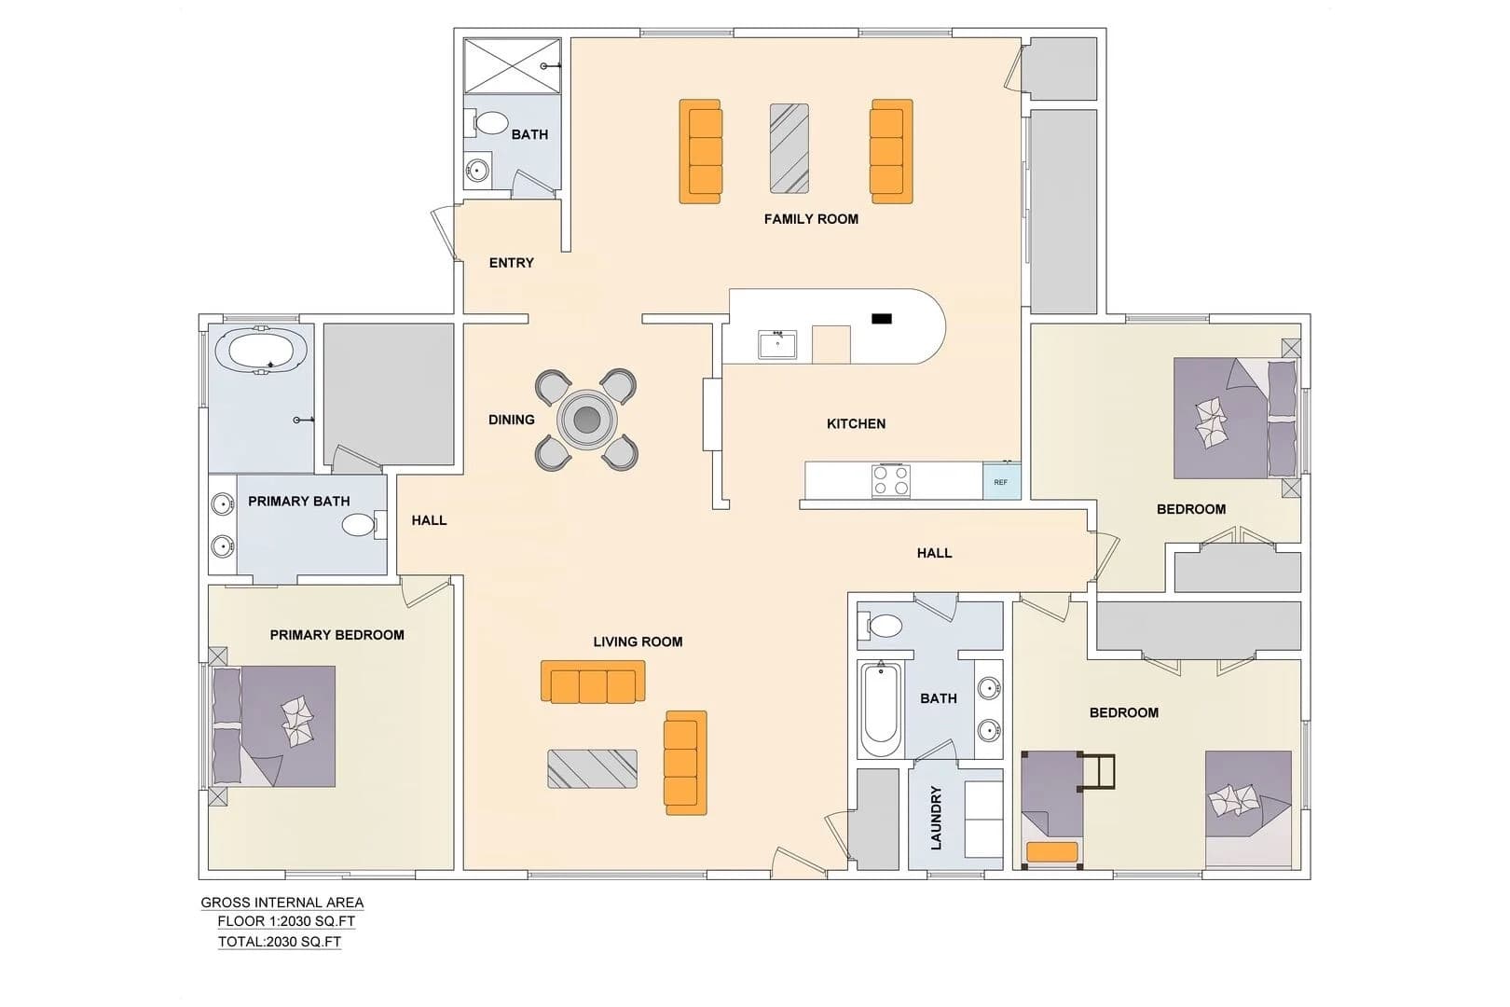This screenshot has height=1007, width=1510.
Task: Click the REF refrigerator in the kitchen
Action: click(x=1002, y=481)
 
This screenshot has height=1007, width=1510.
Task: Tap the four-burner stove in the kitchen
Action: click(x=890, y=481)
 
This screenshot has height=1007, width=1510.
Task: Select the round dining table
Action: click(x=586, y=419)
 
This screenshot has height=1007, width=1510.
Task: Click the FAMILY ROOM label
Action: click(x=811, y=219)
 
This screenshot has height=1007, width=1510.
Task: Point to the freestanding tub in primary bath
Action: click(x=262, y=350)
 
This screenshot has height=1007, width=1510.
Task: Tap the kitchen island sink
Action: click(x=777, y=345)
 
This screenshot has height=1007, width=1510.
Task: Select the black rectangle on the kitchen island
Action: click(x=882, y=319)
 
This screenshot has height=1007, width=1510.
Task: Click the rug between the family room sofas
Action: click(x=789, y=148)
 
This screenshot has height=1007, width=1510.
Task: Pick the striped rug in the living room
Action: click(x=592, y=769)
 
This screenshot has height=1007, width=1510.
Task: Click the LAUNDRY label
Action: click(x=936, y=818)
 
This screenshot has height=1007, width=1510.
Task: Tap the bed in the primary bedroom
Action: click(x=274, y=726)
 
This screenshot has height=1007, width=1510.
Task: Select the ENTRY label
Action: click(x=512, y=263)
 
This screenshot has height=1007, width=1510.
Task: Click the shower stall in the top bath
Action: click(x=513, y=66)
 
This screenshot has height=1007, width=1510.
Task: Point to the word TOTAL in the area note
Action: click(x=240, y=943)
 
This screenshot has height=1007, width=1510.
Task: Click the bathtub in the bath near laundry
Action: click(x=881, y=710)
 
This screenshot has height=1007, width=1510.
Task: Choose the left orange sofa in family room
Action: click(x=700, y=151)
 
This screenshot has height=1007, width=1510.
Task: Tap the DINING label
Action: click(x=512, y=421)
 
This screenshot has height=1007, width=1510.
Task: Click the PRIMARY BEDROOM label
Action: click(x=337, y=635)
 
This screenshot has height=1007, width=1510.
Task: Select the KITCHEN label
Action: click(x=856, y=424)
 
